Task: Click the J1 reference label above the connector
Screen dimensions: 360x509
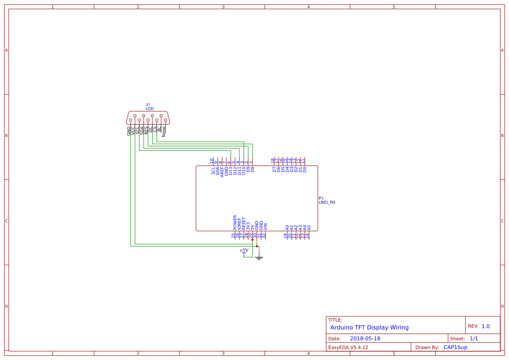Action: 148,105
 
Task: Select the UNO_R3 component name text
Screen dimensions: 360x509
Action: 327,202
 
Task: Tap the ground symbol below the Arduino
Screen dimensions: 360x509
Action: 259,258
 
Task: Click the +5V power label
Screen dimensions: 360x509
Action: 244,250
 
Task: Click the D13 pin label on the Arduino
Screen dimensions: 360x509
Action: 231,170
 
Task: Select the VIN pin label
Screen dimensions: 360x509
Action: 266,226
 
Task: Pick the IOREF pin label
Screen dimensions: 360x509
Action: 239,224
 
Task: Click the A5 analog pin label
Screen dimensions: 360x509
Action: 309,227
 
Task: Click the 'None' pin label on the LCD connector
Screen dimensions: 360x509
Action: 164,131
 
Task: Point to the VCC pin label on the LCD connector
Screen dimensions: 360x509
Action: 133,131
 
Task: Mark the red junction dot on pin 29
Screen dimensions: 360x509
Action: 253,239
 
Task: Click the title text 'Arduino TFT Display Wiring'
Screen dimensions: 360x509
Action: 369,327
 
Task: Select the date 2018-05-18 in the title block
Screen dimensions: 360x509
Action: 365,339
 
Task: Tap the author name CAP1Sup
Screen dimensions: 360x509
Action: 455,347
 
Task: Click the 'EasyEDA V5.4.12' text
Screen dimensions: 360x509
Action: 348,347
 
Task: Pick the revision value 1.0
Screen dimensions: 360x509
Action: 485,326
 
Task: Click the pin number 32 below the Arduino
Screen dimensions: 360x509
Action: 264,236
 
